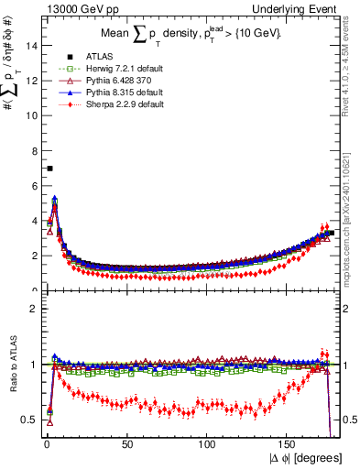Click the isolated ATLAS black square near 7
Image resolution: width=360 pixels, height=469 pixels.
click(x=49, y=169)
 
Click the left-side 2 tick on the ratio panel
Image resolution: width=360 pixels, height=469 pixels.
click(x=34, y=309)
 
